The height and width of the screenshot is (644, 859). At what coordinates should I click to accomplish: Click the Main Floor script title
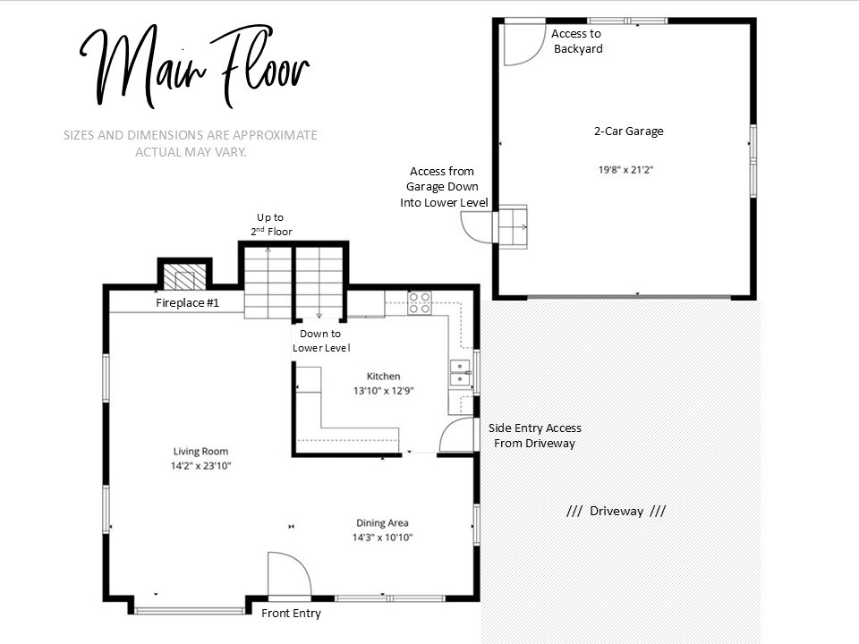pos(195,67)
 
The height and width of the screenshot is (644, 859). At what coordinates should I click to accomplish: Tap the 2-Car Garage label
pos(628,131)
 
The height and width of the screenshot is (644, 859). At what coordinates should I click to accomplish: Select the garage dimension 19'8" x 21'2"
pos(625,170)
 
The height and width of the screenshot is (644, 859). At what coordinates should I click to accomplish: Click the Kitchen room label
pos(383,377)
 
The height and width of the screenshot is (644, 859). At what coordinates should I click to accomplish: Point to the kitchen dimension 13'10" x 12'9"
pos(383,391)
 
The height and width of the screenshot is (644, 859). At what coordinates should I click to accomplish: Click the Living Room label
pos(200,452)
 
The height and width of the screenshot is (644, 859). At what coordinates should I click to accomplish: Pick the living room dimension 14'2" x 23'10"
pos(200,466)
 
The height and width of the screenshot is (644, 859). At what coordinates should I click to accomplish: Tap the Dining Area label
pos(382,523)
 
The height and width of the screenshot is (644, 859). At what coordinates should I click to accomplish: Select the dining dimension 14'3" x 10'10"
pos(382,538)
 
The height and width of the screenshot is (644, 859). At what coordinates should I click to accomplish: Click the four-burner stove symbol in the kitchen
pos(419,303)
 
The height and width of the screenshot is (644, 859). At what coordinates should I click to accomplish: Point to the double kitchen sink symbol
pos(460,373)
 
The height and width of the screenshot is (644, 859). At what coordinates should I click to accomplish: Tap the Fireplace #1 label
pos(187,303)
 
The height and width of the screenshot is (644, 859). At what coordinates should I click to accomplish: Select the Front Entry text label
pos(291,614)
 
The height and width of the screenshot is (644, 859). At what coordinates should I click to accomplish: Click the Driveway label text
pos(617,512)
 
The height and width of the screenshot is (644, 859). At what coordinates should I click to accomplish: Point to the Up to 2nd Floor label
pos(271,225)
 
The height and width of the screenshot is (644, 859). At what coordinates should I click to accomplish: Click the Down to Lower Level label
pos(321,341)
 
